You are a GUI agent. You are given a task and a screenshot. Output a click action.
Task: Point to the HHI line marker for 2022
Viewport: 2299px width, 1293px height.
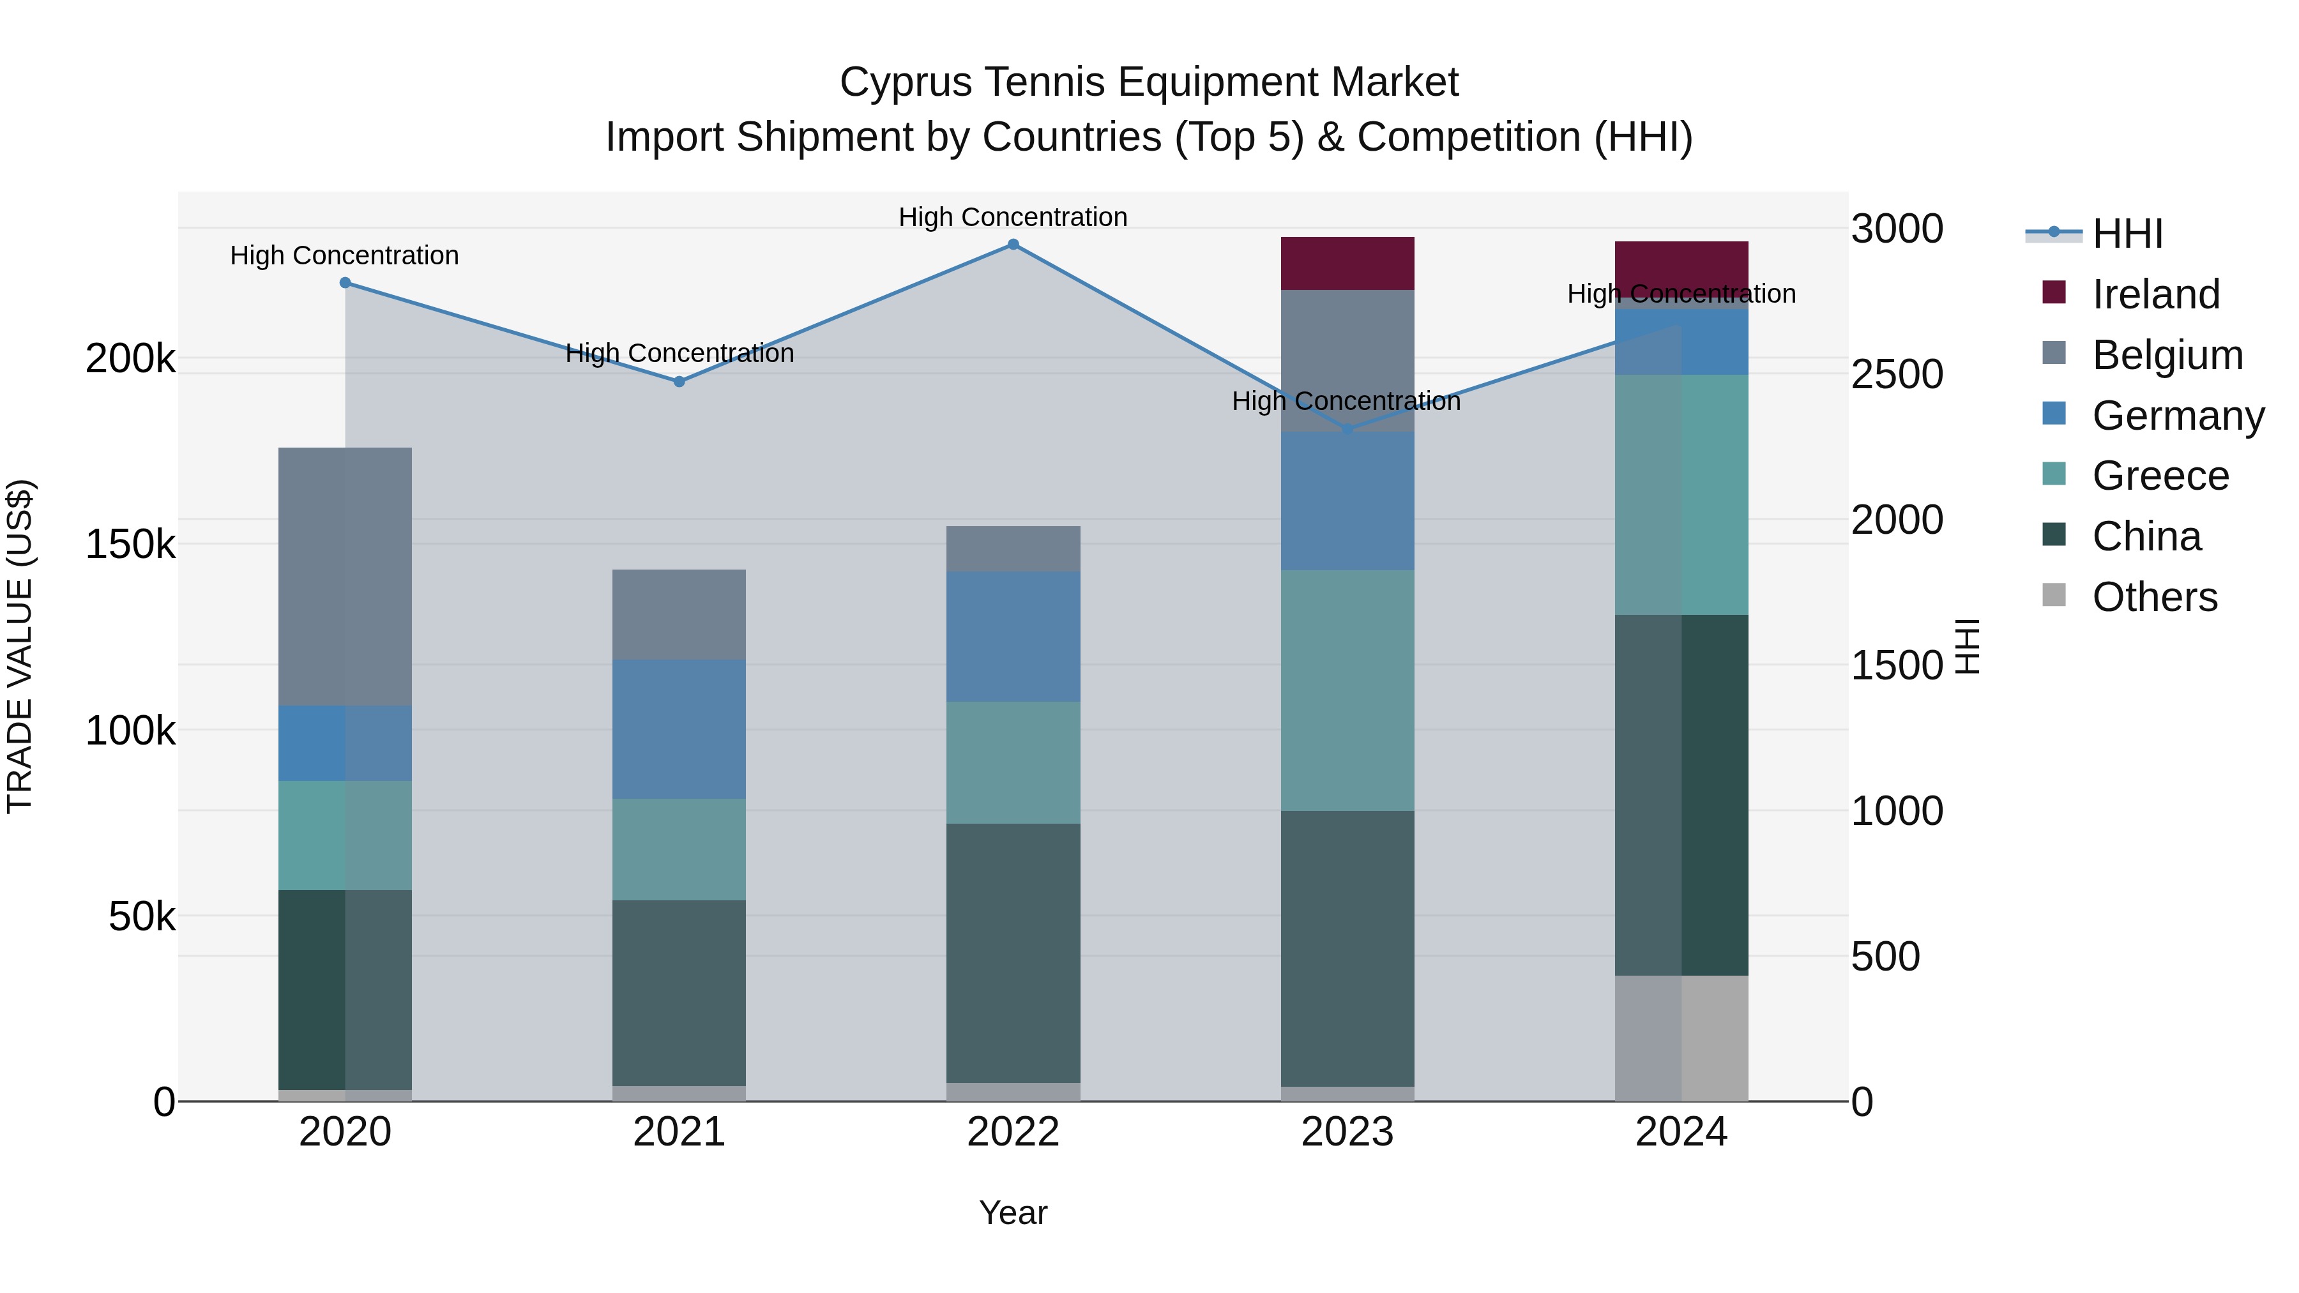click(1013, 245)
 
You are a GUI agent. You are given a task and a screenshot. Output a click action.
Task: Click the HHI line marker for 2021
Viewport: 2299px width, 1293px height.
click(679, 382)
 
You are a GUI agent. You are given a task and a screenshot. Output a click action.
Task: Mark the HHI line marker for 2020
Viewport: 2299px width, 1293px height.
click(345, 283)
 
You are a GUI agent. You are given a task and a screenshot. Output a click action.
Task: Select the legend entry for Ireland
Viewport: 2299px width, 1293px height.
click(2155, 294)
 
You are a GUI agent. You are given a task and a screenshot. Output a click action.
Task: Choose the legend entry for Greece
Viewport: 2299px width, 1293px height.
click(2160, 476)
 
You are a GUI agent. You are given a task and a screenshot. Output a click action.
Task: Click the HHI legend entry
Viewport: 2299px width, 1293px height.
click(2127, 234)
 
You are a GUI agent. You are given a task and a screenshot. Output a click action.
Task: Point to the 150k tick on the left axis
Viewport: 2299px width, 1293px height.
click(130, 544)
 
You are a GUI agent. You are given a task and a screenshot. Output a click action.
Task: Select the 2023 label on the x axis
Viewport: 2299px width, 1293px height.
click(1347, 1132)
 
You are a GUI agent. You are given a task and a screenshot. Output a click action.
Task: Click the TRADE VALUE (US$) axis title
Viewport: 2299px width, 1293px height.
click(20, 646)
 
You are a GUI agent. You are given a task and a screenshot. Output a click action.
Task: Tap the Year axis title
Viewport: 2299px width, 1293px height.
click(1013, 1213)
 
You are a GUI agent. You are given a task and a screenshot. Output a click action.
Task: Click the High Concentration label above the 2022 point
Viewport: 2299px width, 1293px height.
click(1013, 217)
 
